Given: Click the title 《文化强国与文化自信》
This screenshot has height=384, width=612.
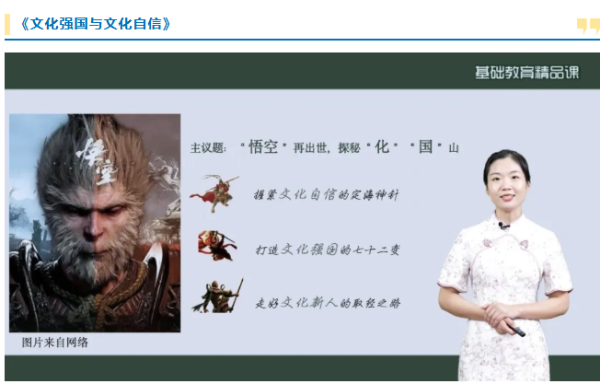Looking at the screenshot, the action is coord(96,24).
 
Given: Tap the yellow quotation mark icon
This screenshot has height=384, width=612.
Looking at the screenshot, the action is coord(588,26).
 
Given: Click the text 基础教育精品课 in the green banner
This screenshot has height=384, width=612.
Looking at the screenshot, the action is coord(527,72).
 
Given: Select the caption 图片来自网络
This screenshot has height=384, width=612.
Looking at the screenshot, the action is coord(55,343).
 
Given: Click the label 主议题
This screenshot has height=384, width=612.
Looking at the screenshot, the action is coord(208,148).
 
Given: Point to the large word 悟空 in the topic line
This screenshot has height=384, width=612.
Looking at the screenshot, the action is coord(263,147).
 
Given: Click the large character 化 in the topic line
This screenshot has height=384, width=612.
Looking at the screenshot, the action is coord(382,147).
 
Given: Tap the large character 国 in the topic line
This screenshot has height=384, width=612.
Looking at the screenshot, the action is coord(425,147).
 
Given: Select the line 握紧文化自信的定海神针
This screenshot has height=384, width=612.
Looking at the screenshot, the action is coord(327,194).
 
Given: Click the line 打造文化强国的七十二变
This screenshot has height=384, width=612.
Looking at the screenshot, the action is coord(328,250).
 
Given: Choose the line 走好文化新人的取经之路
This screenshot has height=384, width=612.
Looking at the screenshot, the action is coord(328,303).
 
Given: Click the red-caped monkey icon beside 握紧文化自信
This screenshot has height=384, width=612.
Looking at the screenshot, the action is coord(215,193).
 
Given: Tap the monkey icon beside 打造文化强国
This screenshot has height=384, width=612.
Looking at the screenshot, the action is coord(217,245).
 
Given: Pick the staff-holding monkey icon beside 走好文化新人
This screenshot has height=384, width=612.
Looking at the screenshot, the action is coord(218,296).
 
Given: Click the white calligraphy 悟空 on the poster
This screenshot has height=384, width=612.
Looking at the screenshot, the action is coord(96,160).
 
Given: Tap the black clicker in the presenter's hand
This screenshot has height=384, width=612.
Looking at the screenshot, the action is coord(517,331).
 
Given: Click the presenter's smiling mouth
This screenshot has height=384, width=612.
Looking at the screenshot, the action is coord(507,197).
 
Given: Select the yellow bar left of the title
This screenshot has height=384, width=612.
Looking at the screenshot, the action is coord(7,24).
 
